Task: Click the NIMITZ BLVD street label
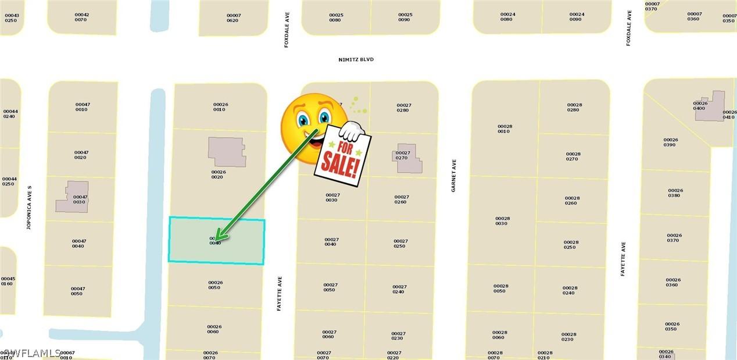355,59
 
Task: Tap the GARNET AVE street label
454,176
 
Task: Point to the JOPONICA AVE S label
28,208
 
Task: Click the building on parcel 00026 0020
227,152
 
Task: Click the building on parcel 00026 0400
710,106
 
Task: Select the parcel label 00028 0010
503,129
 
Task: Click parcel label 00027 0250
400,243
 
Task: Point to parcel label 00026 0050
215,285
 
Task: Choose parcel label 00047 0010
82,107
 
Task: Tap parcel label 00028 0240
570,290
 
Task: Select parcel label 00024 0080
507,17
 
